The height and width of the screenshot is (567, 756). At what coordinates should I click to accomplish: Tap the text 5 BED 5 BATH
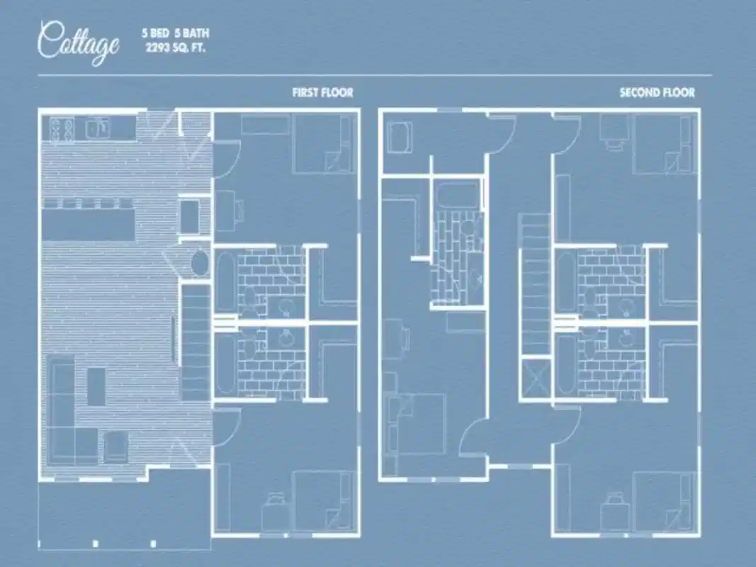click(x=175, y=33)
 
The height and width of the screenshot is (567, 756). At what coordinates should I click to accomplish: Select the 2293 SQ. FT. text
click(x=175, y=48)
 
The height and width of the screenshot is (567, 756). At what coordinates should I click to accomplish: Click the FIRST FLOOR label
click(x=322, y=93)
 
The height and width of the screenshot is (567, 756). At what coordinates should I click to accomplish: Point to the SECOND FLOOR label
click(x=657, y=93)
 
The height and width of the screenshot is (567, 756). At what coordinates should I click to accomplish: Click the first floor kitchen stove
click(x=62, y=129)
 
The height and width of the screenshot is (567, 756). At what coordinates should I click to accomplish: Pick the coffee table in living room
click(x=96, y=386)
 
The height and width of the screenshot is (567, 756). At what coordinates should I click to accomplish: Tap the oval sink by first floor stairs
click(x=200, y=263)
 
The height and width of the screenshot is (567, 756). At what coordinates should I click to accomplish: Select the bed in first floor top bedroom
click(x=322, y=144)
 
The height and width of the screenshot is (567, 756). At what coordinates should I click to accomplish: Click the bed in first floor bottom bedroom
click(x=322, y=500)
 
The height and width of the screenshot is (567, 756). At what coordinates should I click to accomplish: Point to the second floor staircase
click(x=535, y=283)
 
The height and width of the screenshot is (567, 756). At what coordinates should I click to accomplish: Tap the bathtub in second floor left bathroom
click(x=457, y=195)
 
